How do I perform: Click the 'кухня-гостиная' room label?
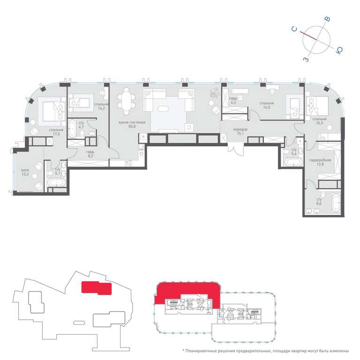132,122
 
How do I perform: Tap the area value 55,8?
132,127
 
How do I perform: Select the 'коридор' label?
240,129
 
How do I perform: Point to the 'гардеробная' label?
320,160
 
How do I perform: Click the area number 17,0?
56,134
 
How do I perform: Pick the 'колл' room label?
25,170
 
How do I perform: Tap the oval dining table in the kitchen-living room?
126,101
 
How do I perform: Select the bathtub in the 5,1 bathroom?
56,183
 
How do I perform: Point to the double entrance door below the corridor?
236,149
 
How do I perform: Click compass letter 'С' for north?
294,29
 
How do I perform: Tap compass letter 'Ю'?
339,51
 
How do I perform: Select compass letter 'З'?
306,60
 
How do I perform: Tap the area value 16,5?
267,107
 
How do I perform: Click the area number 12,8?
320,164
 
